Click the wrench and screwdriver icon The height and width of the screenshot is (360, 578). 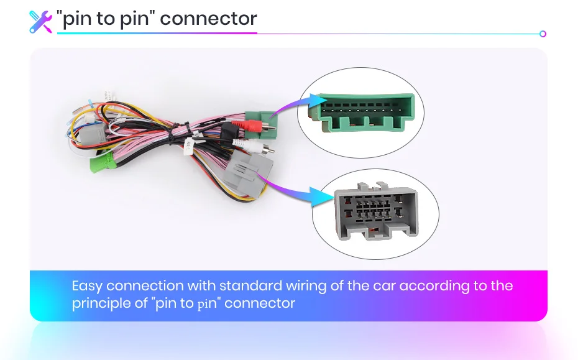click(40, 21)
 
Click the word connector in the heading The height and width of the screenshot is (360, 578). click(208, 19)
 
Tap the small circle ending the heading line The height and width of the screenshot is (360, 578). click(543, 34)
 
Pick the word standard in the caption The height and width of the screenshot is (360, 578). click(250, 287)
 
